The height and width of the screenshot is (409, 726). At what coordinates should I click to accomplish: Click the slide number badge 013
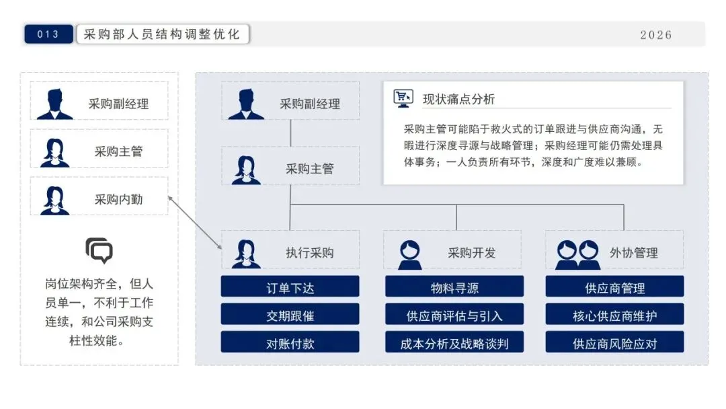pyautogui.click(x=48, y=34)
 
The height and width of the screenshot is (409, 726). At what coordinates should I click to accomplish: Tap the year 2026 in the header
pyautogui.click(x=655, y=35)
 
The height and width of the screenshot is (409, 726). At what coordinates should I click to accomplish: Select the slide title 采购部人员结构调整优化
pyautogui.click(x=162, y=34)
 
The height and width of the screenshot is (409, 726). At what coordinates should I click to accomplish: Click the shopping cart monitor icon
pyautogui.click(x=403, y=98)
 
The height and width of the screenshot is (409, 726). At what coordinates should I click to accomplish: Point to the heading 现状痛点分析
pyautogui.click(x=458, y=99)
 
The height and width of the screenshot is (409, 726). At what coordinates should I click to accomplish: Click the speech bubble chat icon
pyautogui.click(x=99, y=250)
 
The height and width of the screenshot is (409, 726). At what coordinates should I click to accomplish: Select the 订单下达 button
pyautogui.click(x=290, y=287)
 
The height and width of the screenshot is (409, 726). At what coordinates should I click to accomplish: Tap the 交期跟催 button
pyautogui.click(x=290, y=315)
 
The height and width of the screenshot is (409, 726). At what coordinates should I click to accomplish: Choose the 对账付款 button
pyautogui.click(x=290, y=342)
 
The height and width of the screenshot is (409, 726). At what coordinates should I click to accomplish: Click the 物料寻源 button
pyautogui.click(x=454, y=287)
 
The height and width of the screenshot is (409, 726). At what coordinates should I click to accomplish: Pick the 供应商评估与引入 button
pyautogui.click(x=454, y=315)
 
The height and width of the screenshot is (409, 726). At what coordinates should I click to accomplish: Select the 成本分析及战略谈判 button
pyautogui.click(x=454, y=342)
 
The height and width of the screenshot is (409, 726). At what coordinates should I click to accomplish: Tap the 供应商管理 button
pyautogui.click(x=614, y=287)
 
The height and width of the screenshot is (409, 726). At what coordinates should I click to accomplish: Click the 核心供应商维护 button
pyautogui.click(x=614, y=315)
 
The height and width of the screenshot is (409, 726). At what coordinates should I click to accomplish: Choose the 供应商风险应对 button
pyautogui.click(x=614, y=342)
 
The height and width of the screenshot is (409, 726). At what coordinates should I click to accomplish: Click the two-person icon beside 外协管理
pyautogui.click(x=577, y=253)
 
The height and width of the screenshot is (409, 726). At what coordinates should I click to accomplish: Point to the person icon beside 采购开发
pyautogui.click(x=410, y=253)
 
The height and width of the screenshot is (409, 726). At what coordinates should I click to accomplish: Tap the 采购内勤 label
pyautogui.click(x=118, y=199)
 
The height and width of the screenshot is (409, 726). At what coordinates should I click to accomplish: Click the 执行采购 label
pyautogui.click(x=309, y=253)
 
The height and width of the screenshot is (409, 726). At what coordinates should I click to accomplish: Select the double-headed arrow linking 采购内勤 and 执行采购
pyautogui.click(x=195, y=223)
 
